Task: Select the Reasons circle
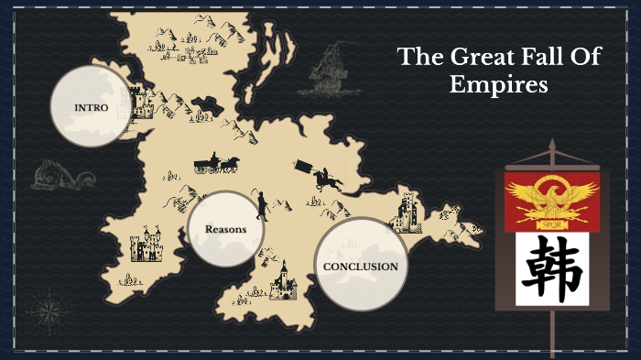click(225, 229)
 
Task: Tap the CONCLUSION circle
click(360, 267)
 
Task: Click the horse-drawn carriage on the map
click(216, 165)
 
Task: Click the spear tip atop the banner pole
click(552, 146)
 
